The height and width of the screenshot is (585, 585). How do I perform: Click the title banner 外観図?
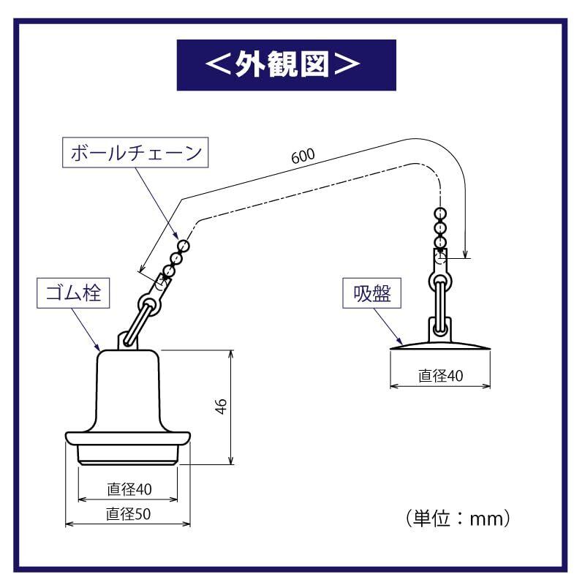click(x=286, y=65)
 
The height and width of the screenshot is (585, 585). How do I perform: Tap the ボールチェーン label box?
click(x=135, y=152)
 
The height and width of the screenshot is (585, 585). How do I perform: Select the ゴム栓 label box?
click(x=73, y=293)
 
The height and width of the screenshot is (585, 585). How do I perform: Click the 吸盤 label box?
click(x=371, y=293)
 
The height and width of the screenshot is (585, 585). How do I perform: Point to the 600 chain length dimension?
click(x=303, y=156)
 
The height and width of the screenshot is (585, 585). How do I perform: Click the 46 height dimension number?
click(x=222, y=407)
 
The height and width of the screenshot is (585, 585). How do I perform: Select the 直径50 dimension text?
click(x=129, y=514)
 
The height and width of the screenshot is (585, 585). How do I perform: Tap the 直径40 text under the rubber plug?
click(x=129, y=489)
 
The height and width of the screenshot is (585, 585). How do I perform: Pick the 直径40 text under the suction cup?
click(x=441, y=376)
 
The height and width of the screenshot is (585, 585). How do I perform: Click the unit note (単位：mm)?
click(x=458, y=518)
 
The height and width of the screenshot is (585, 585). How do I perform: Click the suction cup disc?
click(x=440, y=345)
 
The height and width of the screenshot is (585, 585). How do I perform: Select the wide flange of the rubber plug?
click(x=128, y=438)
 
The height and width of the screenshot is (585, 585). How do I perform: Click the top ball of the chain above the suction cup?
click(x=441, y=214)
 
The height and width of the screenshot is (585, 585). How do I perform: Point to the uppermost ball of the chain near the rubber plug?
click(x=184, y=246)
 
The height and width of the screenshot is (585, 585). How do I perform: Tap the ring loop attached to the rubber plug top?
click(x=149, y=302)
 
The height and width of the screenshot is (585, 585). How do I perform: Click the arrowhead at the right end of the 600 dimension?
click(x=465, y=254)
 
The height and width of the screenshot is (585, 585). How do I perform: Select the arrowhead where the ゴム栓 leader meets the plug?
click(x=97, y=347)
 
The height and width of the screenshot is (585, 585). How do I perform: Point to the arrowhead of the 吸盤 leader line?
click(x=399, y=341)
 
